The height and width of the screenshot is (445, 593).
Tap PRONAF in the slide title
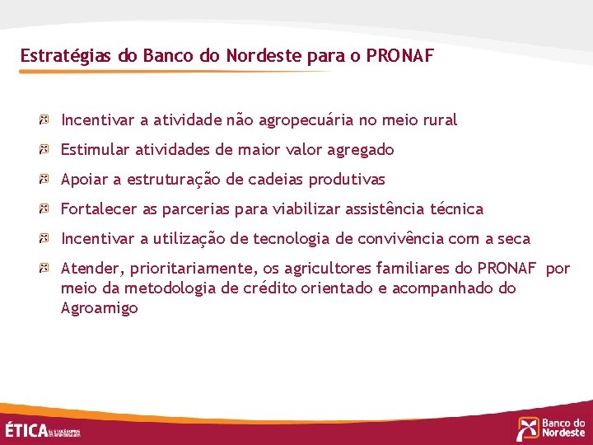click(x=399, y=56)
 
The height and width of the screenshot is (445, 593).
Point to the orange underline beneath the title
click(x=173, y=72)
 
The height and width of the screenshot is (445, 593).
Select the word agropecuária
click(x=306, y=120)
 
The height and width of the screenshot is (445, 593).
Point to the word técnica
click(x=457, y=209)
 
